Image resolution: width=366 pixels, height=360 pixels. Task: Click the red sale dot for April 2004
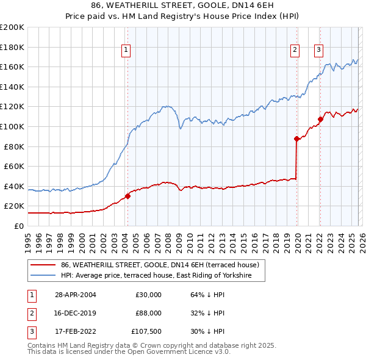pyautogui.click(x=128, y=196)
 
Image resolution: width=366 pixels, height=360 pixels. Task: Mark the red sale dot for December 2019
pyautogui.click(x=296, y=139)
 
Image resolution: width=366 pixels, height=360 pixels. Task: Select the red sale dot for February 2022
pyautogui.click(x=320, y=119)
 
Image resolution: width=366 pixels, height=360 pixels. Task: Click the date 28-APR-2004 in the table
pyautogui.click(x=75, y=295)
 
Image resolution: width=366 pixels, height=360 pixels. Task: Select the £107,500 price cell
pyautogui.click(x=146, y=331)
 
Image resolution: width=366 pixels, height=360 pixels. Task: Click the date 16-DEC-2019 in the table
pyautogui.click(x=75, y=313)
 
